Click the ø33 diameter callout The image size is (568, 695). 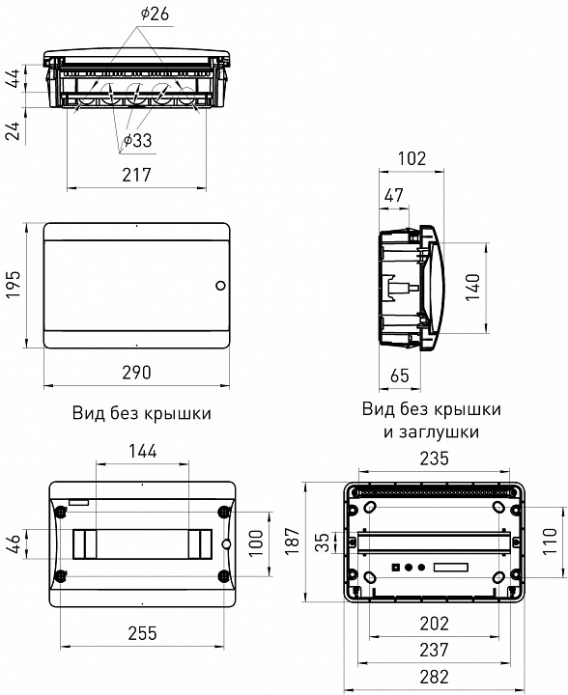[x=136, y=142]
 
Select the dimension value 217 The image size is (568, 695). [x=135, y=175]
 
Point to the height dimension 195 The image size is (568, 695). [x=14, y=286]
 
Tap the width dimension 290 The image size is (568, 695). [x=137, y=373]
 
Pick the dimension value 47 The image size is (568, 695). [x=394, y=197]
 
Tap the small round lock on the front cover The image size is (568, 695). [x=219, y=286]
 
